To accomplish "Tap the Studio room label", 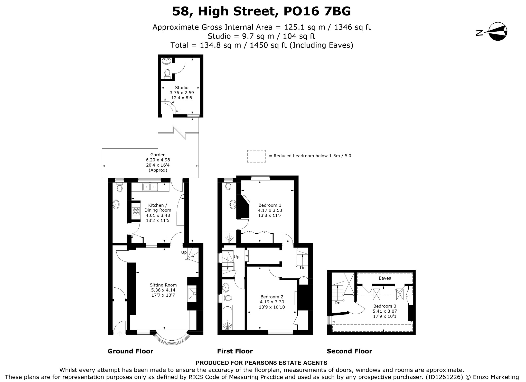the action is pyautogui.click(x=182, y=88).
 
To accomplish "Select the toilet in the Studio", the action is pyautogui.click(x=167, y=73).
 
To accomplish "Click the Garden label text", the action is pyautogui.click(x=158, y=155).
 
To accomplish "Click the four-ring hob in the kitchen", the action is pyautogui.click(x=136, y=211).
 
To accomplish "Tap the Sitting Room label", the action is pyautogui.click(x=163, y=285).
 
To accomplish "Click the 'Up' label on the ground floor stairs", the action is pyautogui.click(x=184, y=252).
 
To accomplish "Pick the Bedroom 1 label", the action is pyautogui.click(x=270, y=205).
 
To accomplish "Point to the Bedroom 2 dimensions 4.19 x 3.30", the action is pyautogui.click(x=272, y=302).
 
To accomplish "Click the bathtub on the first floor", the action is pyautogui.click(x=228, y=317).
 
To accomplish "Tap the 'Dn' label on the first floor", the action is pyautogui.click(x=303, y=268).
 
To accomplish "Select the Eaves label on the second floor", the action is pyautogui.click(x=385, y=278).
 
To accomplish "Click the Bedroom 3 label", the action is pyautogui.click(x=385, y=306).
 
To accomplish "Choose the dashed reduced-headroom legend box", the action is pyautogui.click(x=256, y=156).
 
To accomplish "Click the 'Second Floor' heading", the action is pyautogui.click(x=349, y=351).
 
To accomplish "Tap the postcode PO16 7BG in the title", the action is pyautogui.click(x=317, y=11).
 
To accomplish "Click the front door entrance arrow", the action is pyautogui.click(x=119, y=333).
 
